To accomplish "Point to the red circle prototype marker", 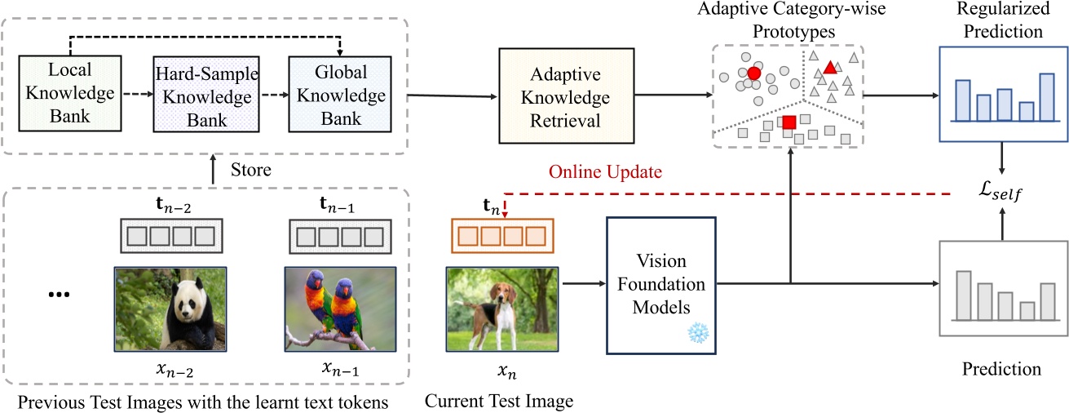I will [x=753, y=73].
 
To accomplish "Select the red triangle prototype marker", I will [x=829, y=67].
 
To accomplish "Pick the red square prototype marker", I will [x=789, y=122].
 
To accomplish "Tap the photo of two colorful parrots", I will [x=340, y=309].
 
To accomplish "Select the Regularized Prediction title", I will [x=1003, y=22].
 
